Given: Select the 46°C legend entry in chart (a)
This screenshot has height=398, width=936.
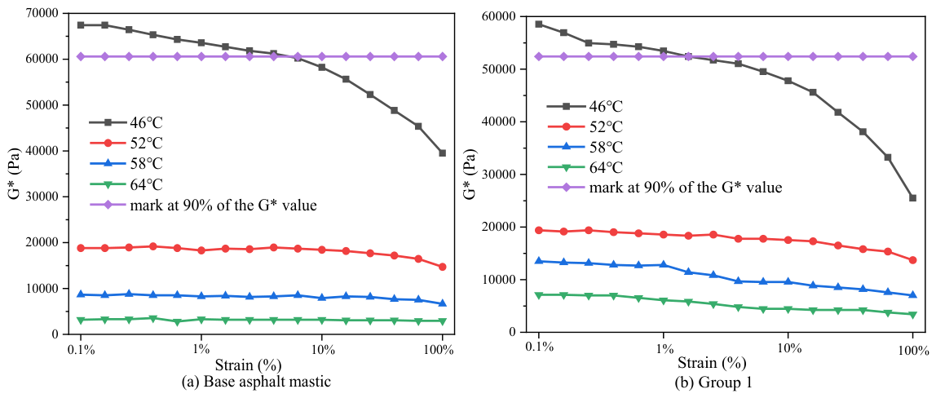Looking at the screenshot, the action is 126,122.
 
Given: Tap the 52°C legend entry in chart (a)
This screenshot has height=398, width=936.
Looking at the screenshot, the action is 126,144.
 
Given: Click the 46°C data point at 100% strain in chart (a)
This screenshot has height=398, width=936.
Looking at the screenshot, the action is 443,153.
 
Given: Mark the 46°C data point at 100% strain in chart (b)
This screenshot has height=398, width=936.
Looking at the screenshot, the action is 912,198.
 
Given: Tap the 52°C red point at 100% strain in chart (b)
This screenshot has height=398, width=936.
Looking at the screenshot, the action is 912,260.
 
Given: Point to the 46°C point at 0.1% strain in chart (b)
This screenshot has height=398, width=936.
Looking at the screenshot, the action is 538,24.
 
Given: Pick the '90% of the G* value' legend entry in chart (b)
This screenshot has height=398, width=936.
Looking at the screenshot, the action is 665,188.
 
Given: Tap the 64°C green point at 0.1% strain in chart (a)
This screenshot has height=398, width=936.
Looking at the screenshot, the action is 81,320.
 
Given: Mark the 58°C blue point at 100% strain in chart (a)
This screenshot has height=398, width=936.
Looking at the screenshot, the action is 443,303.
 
